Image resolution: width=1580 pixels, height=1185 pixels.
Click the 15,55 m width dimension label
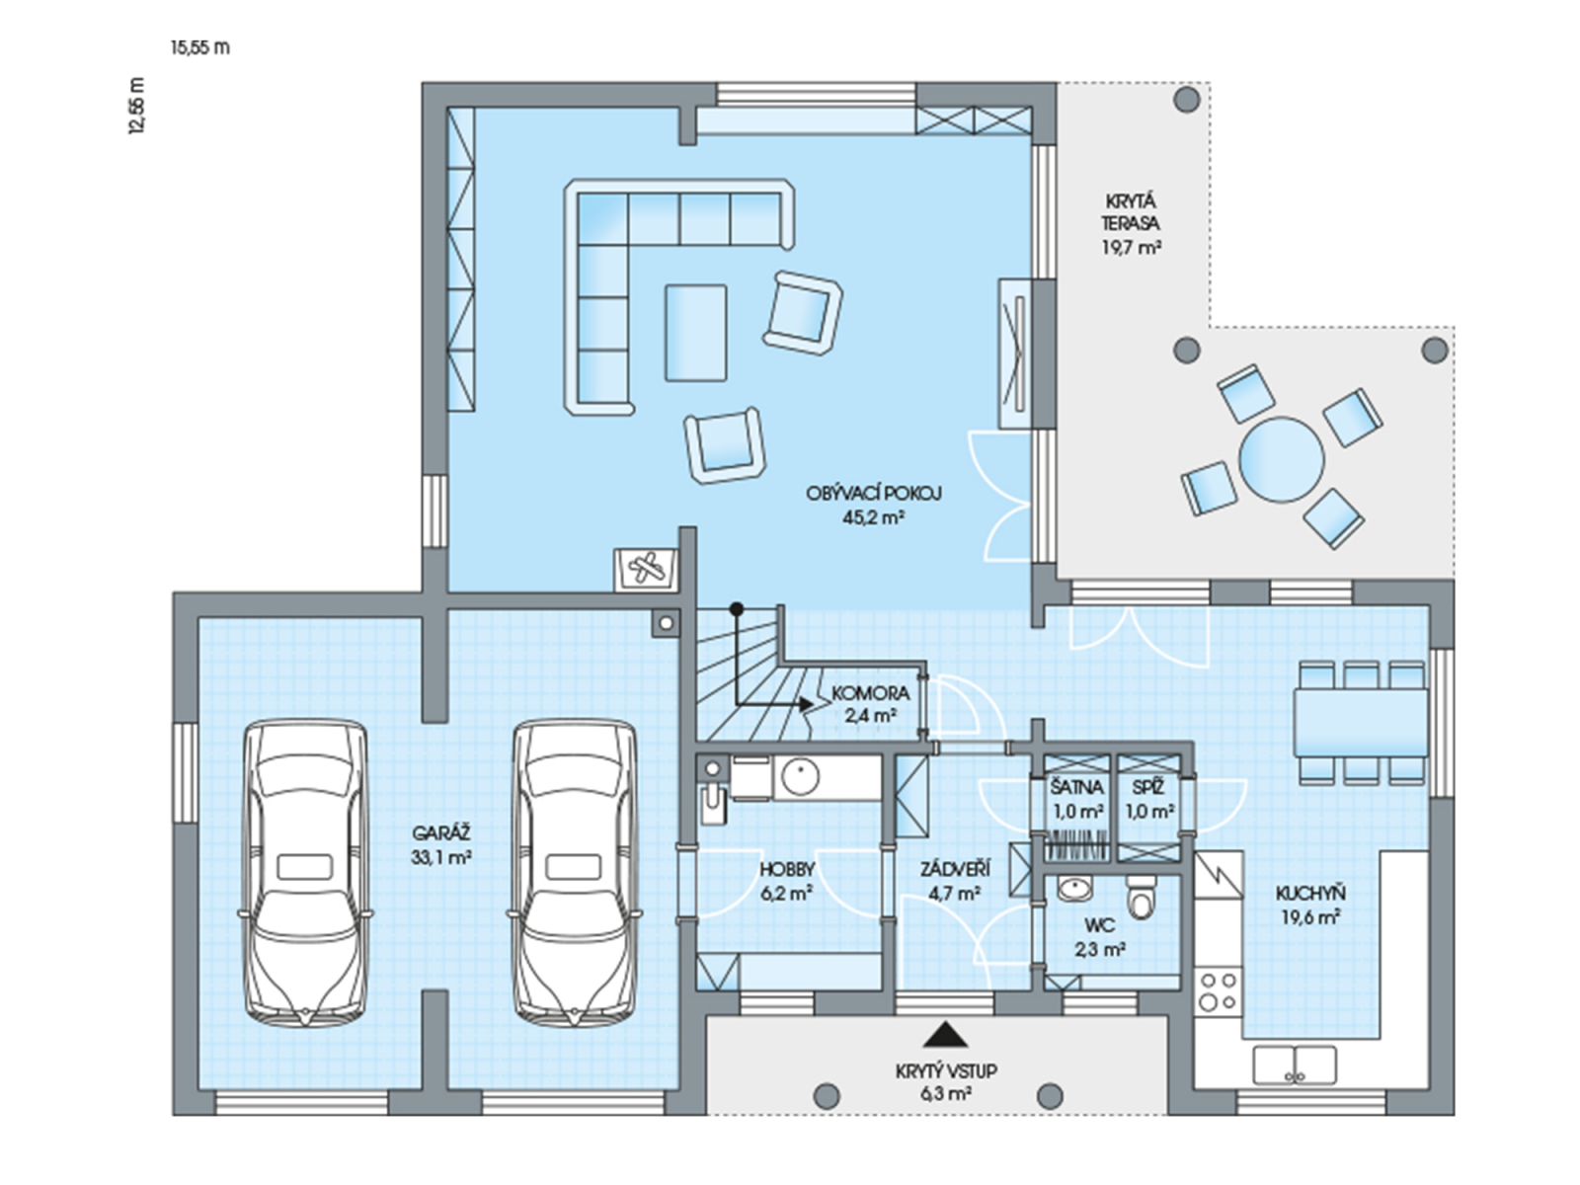click(x=200, y=47)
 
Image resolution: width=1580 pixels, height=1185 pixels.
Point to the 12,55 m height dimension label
click(x=136, y=106)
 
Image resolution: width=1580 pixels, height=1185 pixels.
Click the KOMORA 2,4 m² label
click(x=870, y=704)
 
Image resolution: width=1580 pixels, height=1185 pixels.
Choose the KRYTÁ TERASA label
click(x=1132, y=213)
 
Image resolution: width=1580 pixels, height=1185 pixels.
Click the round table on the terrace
click(x=1281, y=459)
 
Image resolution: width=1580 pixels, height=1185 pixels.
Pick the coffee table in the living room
click(x=695, y=333)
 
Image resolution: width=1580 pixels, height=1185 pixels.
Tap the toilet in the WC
click(x=1141, y=897)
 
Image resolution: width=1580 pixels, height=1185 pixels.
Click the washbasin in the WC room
click(x=1075, y=888)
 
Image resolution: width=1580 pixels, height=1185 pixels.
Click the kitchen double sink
click(x=1295, y=1065)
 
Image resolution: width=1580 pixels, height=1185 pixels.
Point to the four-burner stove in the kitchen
click(x=1218, y=991)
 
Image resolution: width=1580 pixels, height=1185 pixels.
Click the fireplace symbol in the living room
click(x=646, y=570)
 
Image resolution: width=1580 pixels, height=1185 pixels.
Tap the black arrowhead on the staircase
click(x=807, y=704)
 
